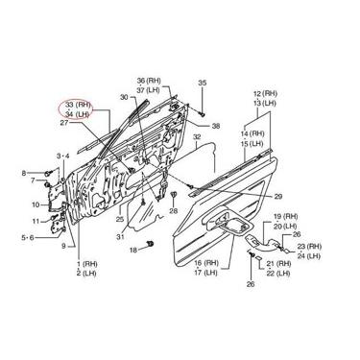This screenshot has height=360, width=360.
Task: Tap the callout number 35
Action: click(x=202, y=84)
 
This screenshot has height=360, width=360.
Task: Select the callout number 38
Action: click(x=216, y=127)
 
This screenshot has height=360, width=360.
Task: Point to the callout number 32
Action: click(x=198, y=137)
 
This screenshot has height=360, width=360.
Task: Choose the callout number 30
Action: click(x=124, y=97)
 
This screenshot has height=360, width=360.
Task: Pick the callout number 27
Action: click(x=64, y=122)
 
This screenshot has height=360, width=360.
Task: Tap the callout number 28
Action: click(x=174, y=209)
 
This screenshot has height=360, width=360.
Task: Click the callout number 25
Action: click(x=119, y=219)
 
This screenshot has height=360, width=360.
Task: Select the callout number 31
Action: click(x=121, y=237)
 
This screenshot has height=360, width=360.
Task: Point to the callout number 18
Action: click(x=133, y=249)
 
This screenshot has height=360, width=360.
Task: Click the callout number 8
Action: click(x=24, y=173)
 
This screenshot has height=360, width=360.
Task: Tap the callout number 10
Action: click(x=36, y=204)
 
